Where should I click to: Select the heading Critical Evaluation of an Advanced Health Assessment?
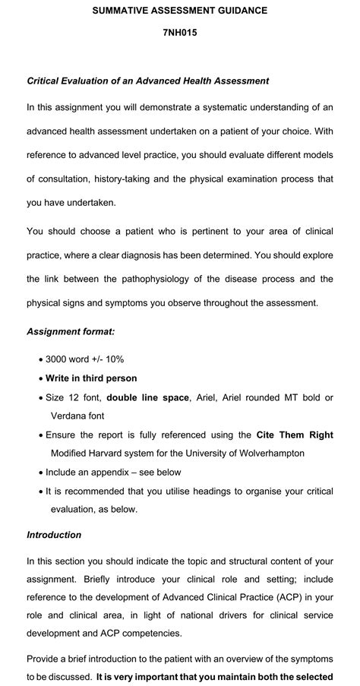click(x=148, y=81)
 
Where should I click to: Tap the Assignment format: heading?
click(x=71, y=331)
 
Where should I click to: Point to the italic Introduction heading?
click(x=54, y=535)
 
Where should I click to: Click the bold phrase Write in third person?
click(x=91, y=378)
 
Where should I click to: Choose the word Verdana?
click(x=68, y=416)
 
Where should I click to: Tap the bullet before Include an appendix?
click(x=39, y=472)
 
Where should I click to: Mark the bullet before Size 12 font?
click(x=39, y=397)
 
